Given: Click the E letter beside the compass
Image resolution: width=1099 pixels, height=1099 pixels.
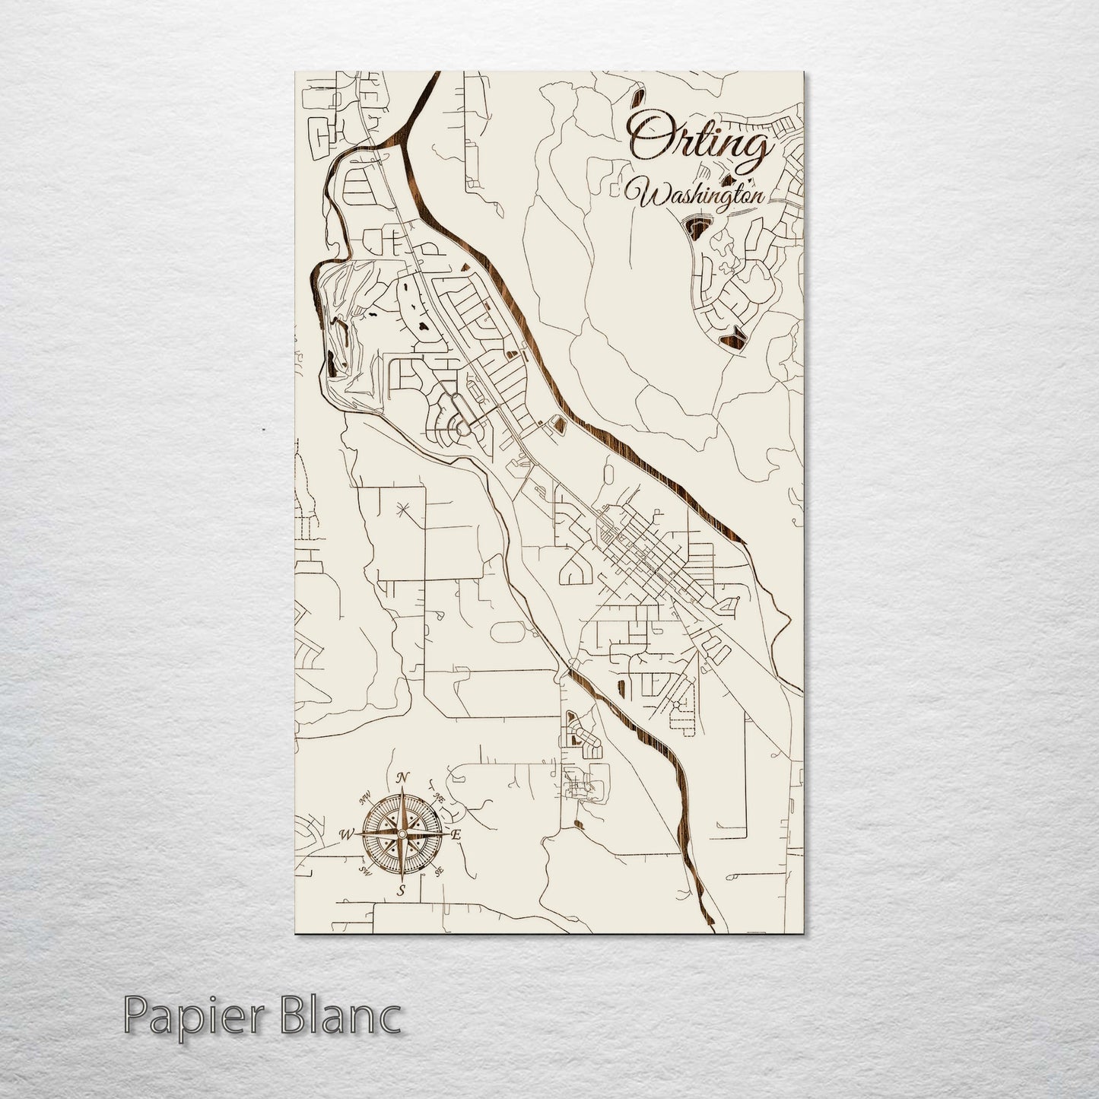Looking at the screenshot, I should click(x=456, y=835).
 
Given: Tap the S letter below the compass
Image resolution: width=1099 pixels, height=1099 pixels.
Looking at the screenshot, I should click(x=402, y=890).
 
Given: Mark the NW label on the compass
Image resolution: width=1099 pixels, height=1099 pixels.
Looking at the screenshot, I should click(x=365, y=797).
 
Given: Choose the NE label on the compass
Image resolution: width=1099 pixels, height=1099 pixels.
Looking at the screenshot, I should click(x=439, y=797).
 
